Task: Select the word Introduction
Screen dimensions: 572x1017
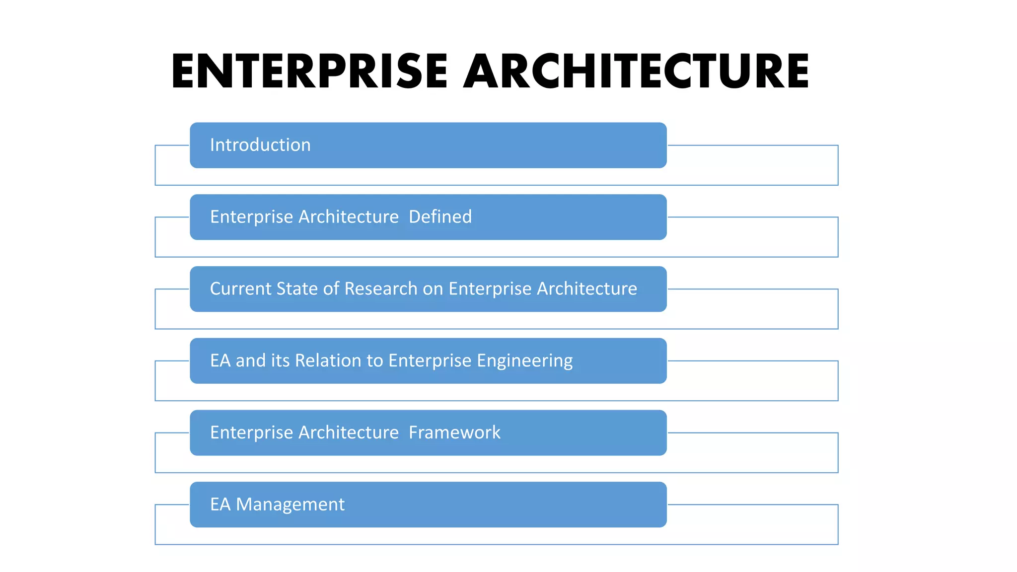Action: coord(260,145)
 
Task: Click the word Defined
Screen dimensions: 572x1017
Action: coord(440,217)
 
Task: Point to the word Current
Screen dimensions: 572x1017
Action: coord(240,288)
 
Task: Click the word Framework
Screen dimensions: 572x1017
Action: coord(454,432)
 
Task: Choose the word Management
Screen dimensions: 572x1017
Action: coord(290,504)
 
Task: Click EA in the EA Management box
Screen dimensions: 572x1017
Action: coord(220,504)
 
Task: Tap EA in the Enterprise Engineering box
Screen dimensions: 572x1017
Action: coord(220,360)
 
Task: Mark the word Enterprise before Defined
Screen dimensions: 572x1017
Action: coord(251,217)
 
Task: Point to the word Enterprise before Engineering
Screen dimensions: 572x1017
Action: coord(430,361)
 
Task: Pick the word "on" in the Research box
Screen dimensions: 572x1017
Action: coord(433,289)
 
